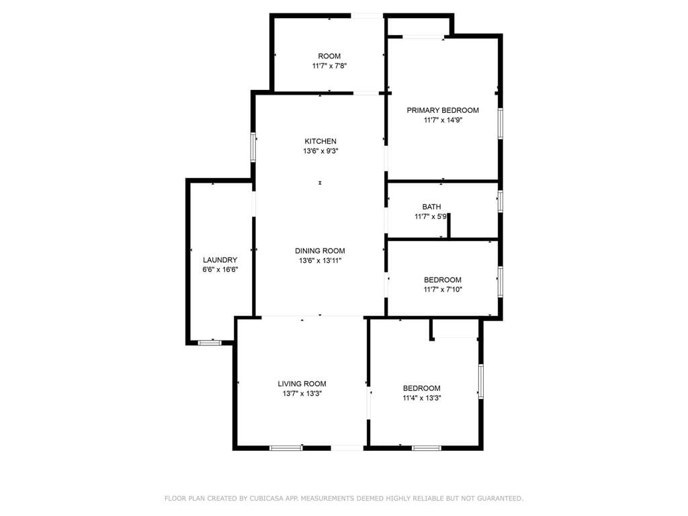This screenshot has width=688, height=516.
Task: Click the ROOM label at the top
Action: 329,56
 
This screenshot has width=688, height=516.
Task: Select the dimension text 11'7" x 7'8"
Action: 329,67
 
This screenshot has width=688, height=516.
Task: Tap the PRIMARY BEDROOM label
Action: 443,110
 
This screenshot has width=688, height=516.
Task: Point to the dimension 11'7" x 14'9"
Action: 443,120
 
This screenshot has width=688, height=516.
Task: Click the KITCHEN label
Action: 320,141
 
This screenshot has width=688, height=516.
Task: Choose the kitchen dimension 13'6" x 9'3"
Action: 320,151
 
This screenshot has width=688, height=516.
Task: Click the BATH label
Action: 432,207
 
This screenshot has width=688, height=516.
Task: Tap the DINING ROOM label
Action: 320,251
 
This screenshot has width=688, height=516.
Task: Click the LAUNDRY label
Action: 220,260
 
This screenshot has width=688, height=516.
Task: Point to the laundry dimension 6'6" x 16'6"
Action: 220,270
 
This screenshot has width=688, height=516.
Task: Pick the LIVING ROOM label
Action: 302,384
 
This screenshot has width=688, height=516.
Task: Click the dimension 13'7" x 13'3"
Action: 302,394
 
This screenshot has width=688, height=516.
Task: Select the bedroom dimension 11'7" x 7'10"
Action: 443,290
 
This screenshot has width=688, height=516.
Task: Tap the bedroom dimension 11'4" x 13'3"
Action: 422,398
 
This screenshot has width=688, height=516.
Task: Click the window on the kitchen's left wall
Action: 253,147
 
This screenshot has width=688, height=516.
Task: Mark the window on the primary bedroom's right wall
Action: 500,124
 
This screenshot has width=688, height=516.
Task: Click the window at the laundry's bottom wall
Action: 210,343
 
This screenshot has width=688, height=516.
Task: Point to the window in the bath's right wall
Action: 500,202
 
